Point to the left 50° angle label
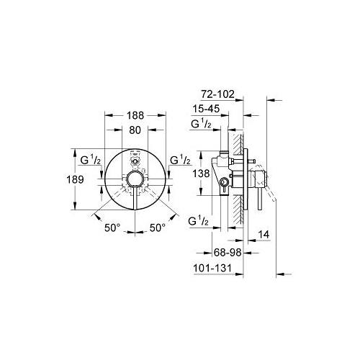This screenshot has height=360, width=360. tap(112, 227)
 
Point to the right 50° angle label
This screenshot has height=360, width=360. tap(157, 227)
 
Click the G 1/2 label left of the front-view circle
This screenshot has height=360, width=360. tap(92, 160)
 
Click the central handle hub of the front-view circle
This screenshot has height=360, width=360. tap(134, 179)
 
